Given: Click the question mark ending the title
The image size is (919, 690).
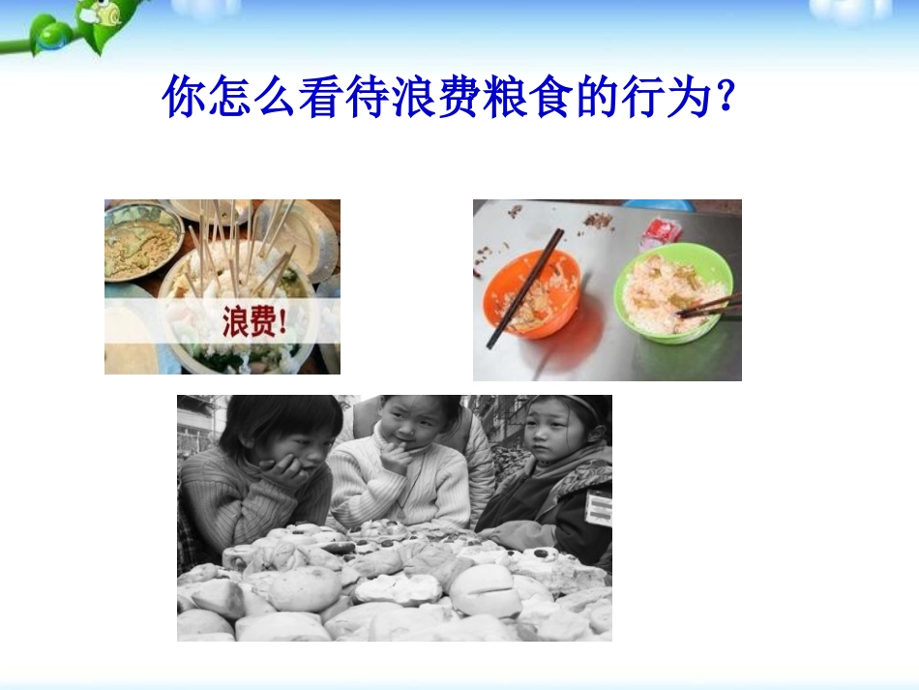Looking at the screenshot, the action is (x=725, y=97).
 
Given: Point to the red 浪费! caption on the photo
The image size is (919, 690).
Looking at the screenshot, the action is (x=254, y=321).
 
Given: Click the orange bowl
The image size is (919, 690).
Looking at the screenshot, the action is (x=531, y=293).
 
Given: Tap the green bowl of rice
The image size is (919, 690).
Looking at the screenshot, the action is (x=673, y=293).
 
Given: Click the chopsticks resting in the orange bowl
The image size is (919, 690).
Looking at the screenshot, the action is (x=525, y=287).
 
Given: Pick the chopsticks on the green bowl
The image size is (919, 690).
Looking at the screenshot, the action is (x=709, y=306).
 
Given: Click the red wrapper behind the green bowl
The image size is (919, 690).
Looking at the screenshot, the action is (x=662, y=232).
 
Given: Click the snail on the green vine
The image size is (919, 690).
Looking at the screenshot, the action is (x=106, y=13).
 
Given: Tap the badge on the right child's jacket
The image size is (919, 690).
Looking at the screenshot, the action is (x=599, y=508).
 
